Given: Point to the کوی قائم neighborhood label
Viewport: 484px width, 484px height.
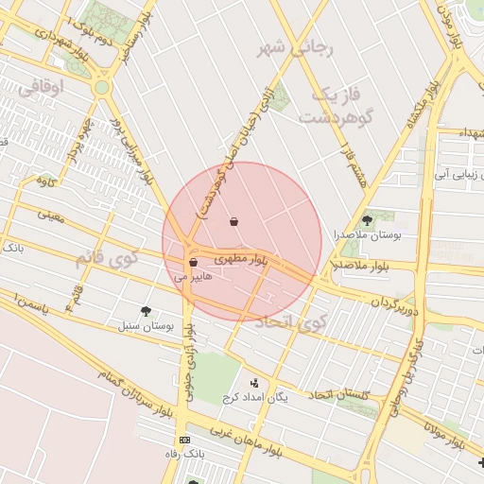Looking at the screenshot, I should coord(105,256).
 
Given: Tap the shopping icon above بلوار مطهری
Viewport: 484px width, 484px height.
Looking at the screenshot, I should coord(233,222).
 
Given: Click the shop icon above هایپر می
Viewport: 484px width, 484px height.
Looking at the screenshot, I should coord(193,263).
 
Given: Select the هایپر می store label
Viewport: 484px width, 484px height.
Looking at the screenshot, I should coord(195,278).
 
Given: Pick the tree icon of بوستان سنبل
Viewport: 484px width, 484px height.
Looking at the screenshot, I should coord(145,310).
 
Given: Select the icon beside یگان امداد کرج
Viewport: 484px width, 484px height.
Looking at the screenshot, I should coord(254,383).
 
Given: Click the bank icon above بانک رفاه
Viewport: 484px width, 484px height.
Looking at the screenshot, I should coord(184,440).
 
